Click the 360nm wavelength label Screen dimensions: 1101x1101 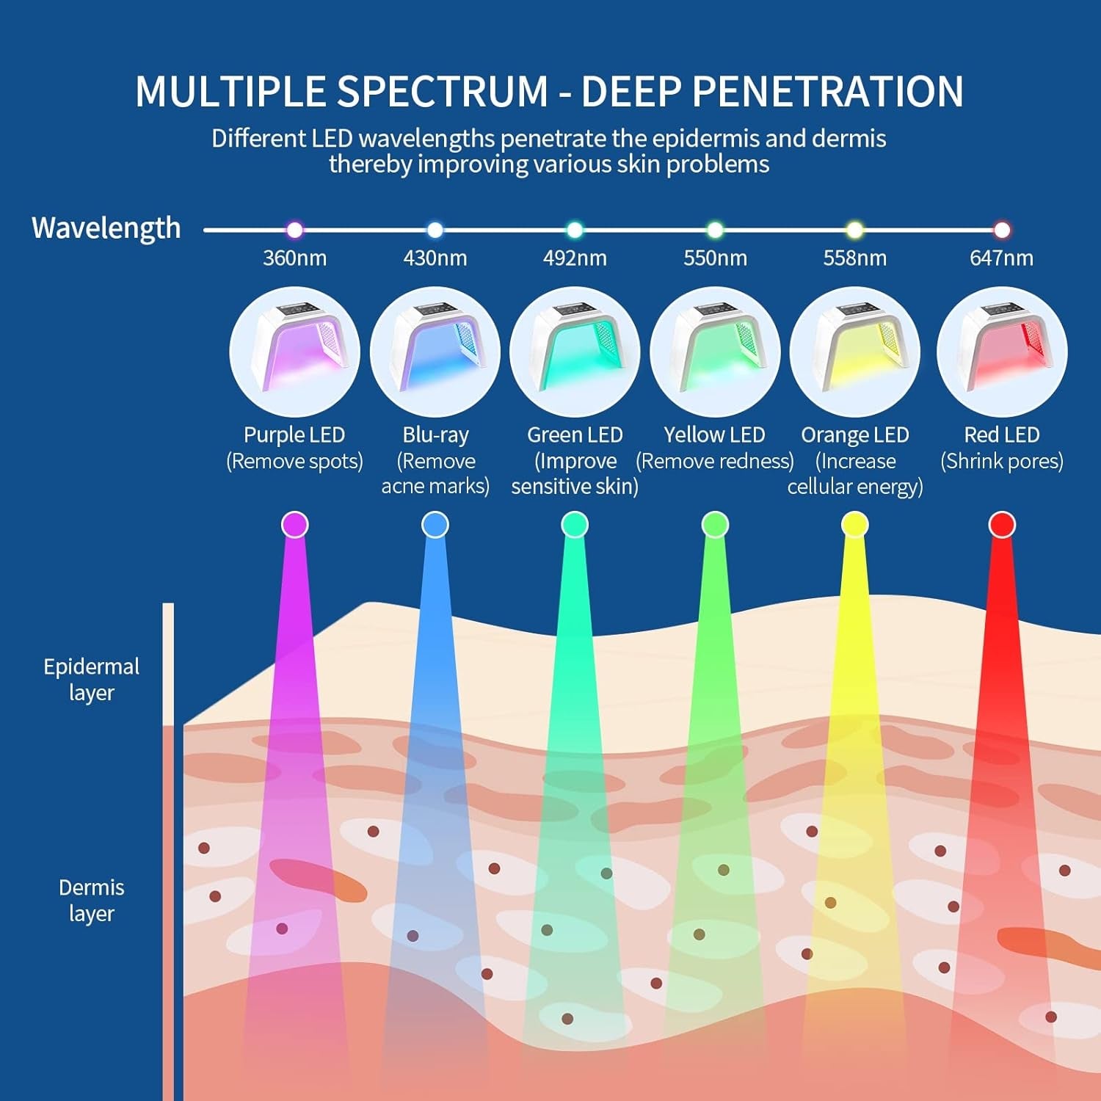click(294, 258)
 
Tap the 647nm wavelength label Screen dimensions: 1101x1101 click(1001, 258)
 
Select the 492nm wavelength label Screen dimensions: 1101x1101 click(575, 258)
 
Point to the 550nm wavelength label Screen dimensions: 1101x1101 click(715, 258)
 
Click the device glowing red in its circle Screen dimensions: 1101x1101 click(1002, 352)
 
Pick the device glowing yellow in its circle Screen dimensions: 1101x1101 click(854, 352)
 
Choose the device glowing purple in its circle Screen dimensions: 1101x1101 click(294, 352)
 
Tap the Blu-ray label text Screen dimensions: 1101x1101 click(435, 435)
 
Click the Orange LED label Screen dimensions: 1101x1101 click(854, 435)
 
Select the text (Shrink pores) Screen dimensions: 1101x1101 click(1001, 461)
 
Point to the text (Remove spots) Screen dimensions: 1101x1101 click(294, 461)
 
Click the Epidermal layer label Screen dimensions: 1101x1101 click(91, 679)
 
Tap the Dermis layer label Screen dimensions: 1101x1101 click(91, 900)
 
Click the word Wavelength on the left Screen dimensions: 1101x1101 click(106, 228)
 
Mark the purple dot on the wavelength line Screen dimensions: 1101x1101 click(294, 230)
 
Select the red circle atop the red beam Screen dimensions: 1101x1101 click(1002, 525)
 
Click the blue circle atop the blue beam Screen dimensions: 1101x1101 click(435, 525)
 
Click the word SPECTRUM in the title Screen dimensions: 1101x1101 click(443, 92)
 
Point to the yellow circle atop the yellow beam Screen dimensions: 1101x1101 click(854, 525)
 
